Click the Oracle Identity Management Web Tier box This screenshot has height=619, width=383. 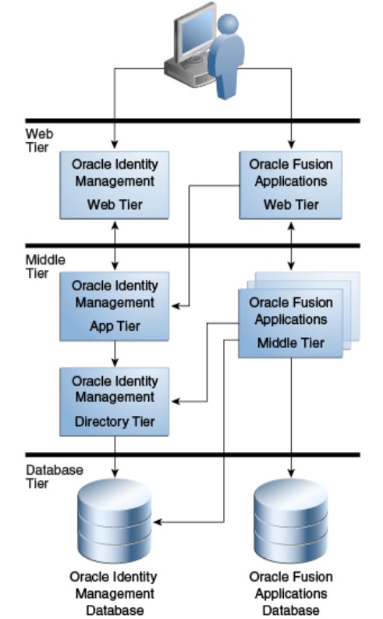tap(115, 184)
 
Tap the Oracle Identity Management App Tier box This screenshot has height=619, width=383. tap(115, 306)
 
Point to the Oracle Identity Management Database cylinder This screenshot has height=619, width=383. tap(115, 515)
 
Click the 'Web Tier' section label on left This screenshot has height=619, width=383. tap(37, 140)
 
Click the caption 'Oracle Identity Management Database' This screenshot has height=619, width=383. tap(114, 593)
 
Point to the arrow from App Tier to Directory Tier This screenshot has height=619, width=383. tap(115, 354)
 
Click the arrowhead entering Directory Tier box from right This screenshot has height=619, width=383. tap(176, 401)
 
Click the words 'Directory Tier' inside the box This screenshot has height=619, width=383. tap(114, 422)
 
